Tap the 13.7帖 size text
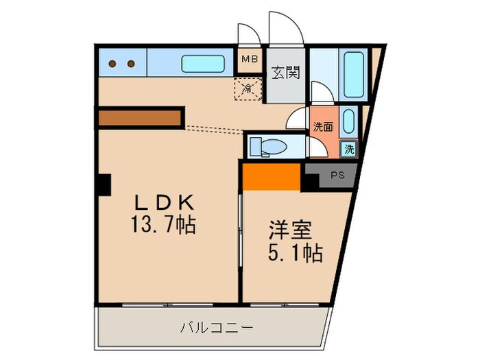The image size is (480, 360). click(165, 224)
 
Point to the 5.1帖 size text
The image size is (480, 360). click(294, 254)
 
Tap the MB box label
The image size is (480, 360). click(249, 58)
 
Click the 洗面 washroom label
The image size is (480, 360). click(323, 126)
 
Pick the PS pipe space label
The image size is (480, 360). click(337, 176)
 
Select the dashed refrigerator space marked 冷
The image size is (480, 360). click(248, 88)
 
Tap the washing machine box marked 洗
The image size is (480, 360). click(349, 149)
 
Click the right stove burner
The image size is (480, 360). click(130, 64)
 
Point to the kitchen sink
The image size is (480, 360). click(200, 64)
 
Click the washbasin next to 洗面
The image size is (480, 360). click(348, 122)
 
